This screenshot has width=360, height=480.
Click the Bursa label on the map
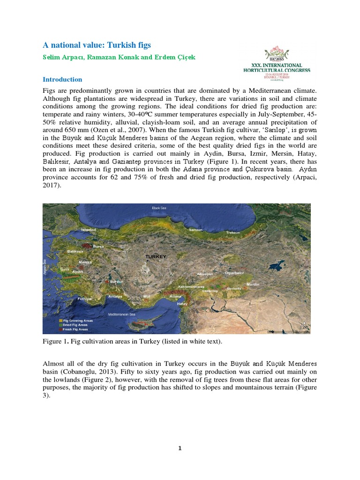pos(98,246)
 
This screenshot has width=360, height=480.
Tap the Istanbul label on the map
pos(89,230)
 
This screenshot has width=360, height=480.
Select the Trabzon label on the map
pos(232,232)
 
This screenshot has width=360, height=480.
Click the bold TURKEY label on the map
pos(156,257)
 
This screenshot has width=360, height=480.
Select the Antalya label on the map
pos(115,297)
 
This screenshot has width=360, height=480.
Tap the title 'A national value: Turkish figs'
pos(97,45)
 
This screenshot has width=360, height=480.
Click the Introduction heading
pos(62,79)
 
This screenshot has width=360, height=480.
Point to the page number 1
pos(180,448)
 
